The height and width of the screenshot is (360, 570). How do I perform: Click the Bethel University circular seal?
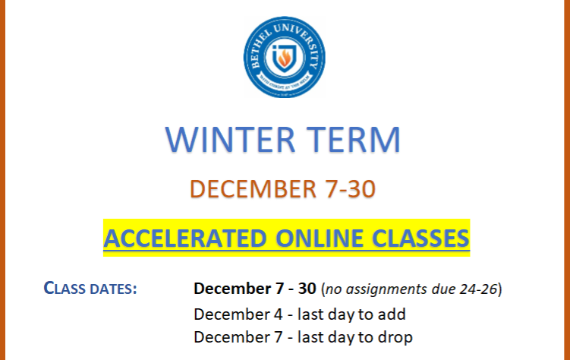[285, 57]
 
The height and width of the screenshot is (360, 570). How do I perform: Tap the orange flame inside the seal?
[285, 58]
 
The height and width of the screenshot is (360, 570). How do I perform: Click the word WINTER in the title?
[230, 140]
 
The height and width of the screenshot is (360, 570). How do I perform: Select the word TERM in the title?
[353, 140]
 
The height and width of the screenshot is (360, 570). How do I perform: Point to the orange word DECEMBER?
[254, 189]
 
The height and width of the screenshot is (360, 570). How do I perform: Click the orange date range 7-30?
[351, 189]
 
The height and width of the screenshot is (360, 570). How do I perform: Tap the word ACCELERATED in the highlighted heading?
[185, 238]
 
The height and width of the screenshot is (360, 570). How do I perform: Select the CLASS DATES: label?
[90, 289]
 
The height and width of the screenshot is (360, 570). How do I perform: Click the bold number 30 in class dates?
[307, 289]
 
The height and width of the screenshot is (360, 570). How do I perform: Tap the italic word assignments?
[386, 290]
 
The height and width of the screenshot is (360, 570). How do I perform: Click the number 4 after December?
[278, 314]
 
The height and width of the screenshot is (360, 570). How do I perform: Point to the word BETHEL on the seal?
[260, 49]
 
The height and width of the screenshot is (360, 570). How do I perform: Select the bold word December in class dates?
[233, 289]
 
